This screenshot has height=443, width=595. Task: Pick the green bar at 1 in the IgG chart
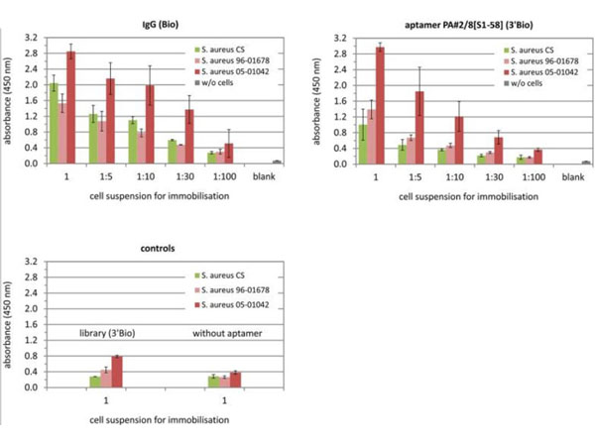(x=53, y=123)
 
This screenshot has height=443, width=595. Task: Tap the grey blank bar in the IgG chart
(x=277, y=162)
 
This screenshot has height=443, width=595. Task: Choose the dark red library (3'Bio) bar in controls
(x=118, y=371)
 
